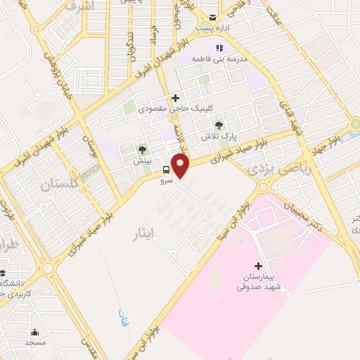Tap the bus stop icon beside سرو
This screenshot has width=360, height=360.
click(166, 169)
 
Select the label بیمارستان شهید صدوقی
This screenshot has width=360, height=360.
click(258, 283)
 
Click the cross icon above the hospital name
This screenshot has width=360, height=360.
click(258, 266)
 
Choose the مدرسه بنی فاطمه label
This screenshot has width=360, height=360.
click(229, 61)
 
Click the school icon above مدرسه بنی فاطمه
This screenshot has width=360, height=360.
click(218, 49)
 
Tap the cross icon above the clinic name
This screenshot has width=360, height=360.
click(175, 98)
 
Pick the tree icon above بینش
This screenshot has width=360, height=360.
click(142, 149)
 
